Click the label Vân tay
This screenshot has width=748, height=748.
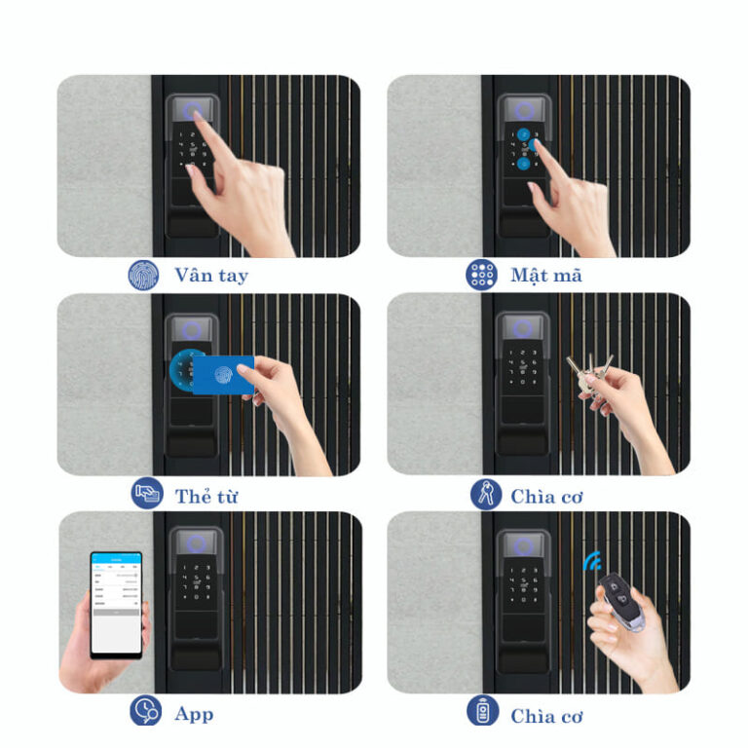[x=211, y=276]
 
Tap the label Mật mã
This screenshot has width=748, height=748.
[x=546, y=276]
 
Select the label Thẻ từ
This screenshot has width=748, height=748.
[x=206, y=497]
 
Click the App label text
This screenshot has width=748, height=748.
[x=194, y=715]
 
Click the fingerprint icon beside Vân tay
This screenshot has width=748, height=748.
[x=143, y=275]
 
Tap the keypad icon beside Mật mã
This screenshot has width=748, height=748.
[x=481, y=275]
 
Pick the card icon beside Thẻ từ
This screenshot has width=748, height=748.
[x=147, y=493]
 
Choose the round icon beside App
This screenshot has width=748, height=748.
[x=145, y=711]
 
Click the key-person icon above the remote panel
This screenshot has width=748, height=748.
[x=486, y=494]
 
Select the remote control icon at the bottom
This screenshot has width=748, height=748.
[x=483, y=711]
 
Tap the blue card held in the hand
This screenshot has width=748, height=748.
[x=223, y=374]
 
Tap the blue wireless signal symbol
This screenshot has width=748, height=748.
[x=592, y=561]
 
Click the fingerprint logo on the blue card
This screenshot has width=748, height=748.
[x=223, y=374]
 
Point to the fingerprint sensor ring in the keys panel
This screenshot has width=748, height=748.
[x=523, y=328]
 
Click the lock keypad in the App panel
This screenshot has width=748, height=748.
[x=196, y=582]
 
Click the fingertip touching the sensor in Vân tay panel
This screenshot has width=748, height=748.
[x=197, y=115]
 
